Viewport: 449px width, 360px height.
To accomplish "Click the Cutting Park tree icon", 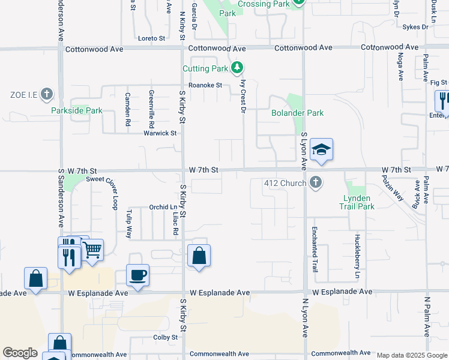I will pyautogui.click(x=238, y=68).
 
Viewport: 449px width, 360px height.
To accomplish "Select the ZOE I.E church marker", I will pyautogui.click(x=47, y=94).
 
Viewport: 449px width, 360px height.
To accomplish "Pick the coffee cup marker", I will pyautogui.click(x=138, y=275).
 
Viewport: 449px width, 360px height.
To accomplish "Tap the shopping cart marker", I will pyautogui.click(x=92, y=250).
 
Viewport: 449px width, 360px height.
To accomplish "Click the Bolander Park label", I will pyautogui.click(x=297, y=113).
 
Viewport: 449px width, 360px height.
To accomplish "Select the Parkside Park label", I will pyautogui.click(x=76, y=110).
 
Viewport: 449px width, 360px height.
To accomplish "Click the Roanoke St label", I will pyautogui.click(x=205, y=85).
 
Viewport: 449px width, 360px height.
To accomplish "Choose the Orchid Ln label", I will pyautogui.click(x=162, y=207).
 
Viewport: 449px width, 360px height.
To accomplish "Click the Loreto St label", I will pyautogui.click(x=151, y=38).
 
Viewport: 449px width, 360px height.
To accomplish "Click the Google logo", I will pyautogui.click(x=20, y=353).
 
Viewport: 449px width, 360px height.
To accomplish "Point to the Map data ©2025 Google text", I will pyautogui.click(x=411, y=355).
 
